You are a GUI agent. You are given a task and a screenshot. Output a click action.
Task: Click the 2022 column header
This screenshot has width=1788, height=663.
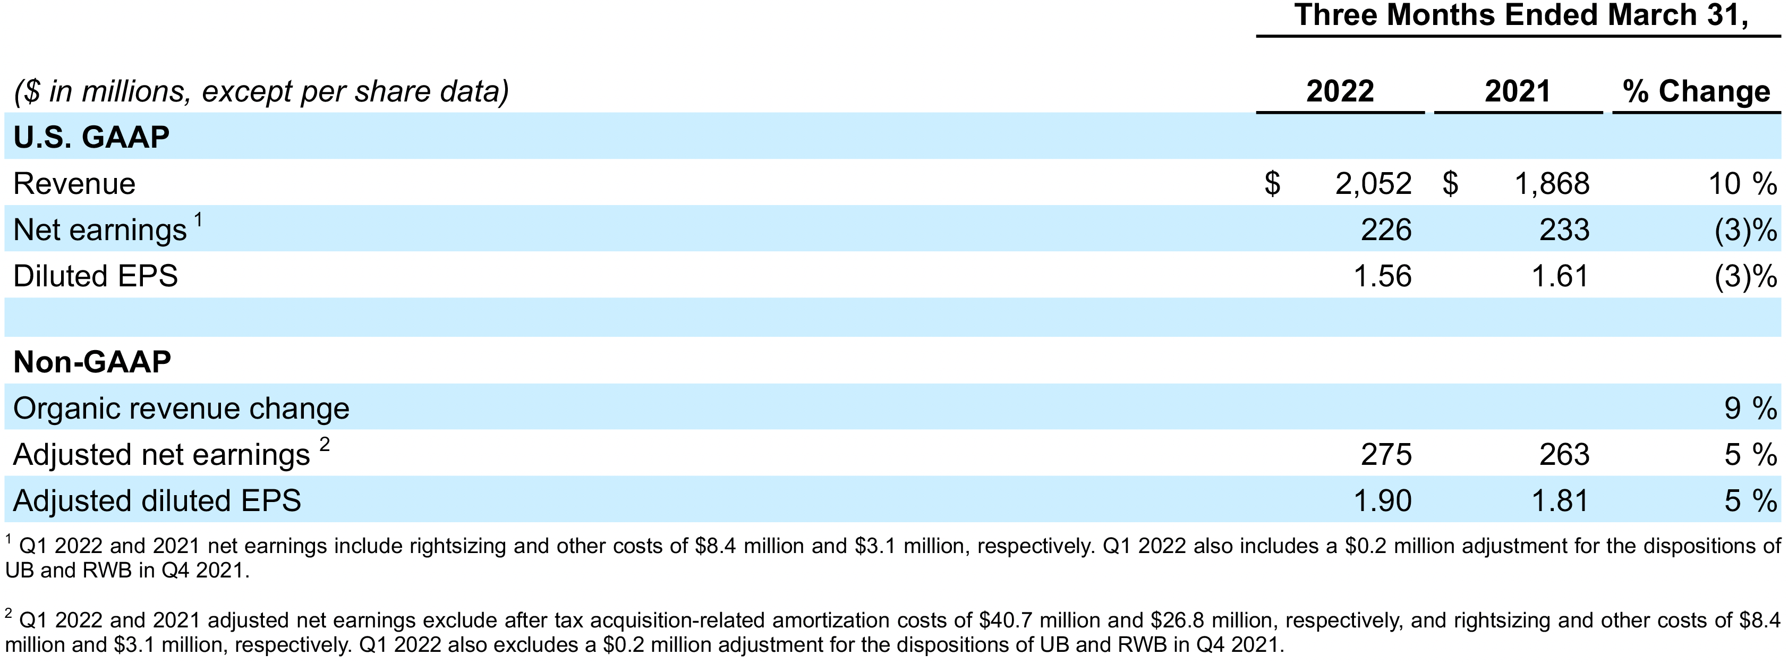[x=1340, y=91]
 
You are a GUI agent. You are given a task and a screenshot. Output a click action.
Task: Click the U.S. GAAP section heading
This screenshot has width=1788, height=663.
[x=91, y=137]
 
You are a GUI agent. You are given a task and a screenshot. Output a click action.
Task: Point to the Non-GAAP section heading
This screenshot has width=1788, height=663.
[x=92, y=362]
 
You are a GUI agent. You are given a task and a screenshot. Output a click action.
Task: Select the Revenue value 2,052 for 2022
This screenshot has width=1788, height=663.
[x=1373, y=184]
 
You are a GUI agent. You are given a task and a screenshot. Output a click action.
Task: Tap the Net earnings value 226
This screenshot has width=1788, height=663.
[x=1385, y=230]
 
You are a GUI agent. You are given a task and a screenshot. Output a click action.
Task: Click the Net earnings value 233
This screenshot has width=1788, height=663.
[x=1564, y=230]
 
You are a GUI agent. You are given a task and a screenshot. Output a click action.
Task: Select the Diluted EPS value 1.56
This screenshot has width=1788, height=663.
[x=1383, y=276]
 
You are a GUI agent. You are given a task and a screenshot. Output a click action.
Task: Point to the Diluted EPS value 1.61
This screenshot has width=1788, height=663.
[x=1560, y=276]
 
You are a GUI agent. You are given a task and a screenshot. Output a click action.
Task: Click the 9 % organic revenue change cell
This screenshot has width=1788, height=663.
[x=1750, y=408]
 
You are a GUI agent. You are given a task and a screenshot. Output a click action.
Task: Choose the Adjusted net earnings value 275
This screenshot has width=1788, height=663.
[x=1385, y=455]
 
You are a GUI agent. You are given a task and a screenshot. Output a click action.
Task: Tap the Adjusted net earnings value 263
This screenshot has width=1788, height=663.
[x=1564, y=455]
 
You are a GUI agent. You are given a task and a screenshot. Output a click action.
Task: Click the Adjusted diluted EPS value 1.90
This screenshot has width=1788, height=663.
[x=1383, y=500]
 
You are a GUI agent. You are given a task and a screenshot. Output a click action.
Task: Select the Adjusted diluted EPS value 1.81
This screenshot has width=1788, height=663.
[x=1560, y=500]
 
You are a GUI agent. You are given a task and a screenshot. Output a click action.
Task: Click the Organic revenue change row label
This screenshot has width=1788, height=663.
[x=181, y=408]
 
